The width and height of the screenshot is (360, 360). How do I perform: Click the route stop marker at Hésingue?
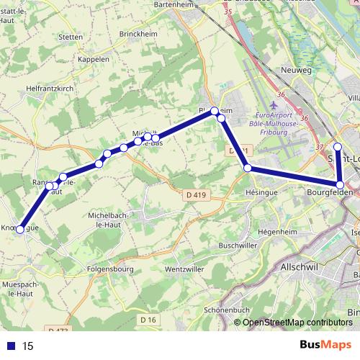pyautogui.click(x=248, y=168)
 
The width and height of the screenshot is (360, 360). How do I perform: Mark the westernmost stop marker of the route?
pyautogui.click(x=20, y=229)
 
